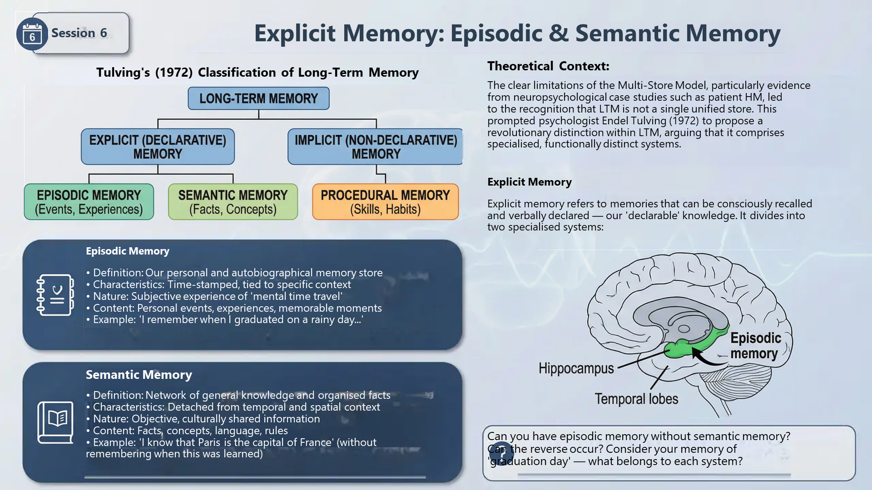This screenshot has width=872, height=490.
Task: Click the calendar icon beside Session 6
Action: click(x=32, y=34)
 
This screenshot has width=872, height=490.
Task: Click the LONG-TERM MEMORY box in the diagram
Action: click(x=258, y=98)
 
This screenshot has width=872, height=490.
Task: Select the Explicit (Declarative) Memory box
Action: click(x=158, y=147)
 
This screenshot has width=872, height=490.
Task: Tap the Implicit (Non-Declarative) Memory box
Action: click(x=376, y=147)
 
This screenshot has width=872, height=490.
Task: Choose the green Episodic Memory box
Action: click(x=89, y=202)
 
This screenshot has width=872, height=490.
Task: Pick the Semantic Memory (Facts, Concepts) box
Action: click(x=233, y=202)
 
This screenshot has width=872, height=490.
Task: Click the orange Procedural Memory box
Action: click(x=386, y=202)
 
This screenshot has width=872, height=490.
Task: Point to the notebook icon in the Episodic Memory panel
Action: click(x=55, y=295)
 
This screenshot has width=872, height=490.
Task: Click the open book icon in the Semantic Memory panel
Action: click(x=55, y=422)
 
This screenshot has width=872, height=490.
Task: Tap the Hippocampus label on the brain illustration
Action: click(x=576, y=368)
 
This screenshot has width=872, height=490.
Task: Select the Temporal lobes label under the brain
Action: click(x=636, y=399)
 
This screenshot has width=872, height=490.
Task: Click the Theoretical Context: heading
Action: click(x=548, y=66)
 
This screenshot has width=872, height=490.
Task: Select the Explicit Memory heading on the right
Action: click(x=530, y=182)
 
